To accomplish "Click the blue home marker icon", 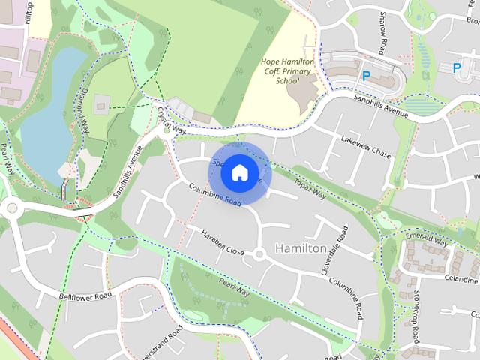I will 238,173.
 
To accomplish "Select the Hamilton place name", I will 301,247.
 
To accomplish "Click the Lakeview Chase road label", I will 366,147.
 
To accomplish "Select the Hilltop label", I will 29,11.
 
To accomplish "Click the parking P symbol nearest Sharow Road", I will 367,76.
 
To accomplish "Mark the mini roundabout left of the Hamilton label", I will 259,255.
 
